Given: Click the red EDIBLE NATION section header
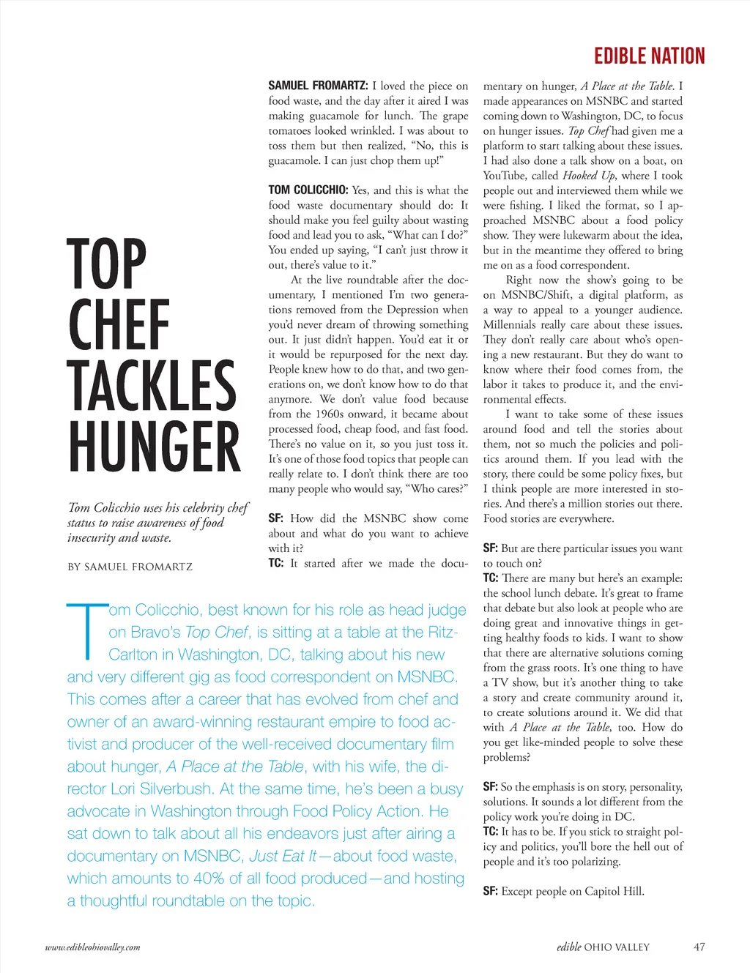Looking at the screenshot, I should pos(649,56).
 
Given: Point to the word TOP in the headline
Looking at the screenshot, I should pos(107,264).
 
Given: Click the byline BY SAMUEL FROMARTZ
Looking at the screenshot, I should pos(130,567).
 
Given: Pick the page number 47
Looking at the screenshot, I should pos(699,947).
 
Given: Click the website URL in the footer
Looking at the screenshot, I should pos(92,947).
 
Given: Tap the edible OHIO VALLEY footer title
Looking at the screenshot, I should pos(603,947).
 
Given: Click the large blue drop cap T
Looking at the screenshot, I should pos(86,630).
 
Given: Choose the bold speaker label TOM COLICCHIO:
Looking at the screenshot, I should pos(308,190).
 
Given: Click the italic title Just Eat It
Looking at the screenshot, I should pos(283,856).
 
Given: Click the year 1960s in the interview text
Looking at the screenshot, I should pos(329,414).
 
